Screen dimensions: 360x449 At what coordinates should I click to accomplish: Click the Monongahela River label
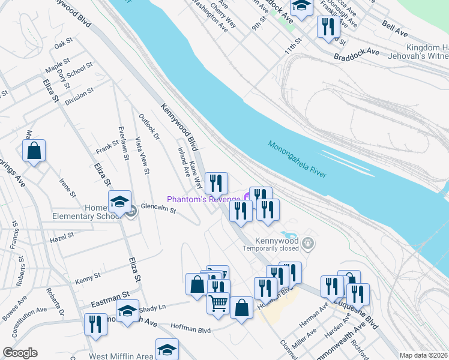(x=297, y=159)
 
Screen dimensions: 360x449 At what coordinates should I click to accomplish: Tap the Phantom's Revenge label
(x=203, y=199)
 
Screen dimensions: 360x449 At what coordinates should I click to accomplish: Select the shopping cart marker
(x=218, y=302)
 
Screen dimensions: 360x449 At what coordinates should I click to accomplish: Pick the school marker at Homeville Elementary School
(x=119, y=201)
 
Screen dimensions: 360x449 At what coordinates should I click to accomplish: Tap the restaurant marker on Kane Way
(x=217, y=183)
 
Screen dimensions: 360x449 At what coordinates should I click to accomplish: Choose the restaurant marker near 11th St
(x=328, y=27)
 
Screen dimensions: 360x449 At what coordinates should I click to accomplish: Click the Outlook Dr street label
(x=149, y=127)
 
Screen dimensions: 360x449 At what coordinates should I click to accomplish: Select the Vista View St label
(x=142, y=155)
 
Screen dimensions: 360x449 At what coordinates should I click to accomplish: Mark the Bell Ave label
(x=395, y=26)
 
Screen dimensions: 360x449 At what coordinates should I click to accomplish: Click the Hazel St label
(x=61, y=238)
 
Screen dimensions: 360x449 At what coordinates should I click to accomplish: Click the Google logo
(x=20, y=353)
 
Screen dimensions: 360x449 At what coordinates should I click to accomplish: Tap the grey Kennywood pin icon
(x=309, y=244)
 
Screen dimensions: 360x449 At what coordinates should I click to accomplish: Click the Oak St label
(x=63, y=44)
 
